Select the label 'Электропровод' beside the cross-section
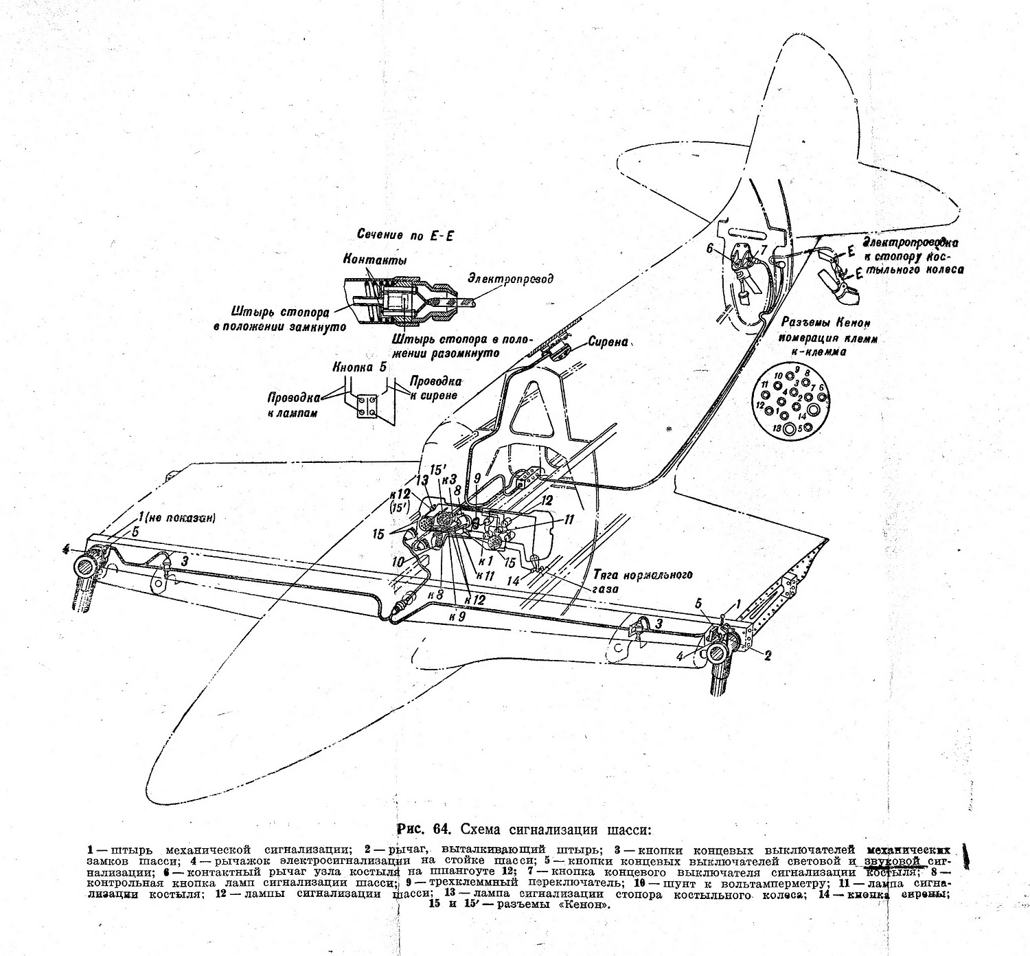(x=510, y=279)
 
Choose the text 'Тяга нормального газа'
(x=641, y=582)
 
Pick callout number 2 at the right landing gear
(x=768, y=655)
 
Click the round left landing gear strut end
(x=87, y=567)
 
